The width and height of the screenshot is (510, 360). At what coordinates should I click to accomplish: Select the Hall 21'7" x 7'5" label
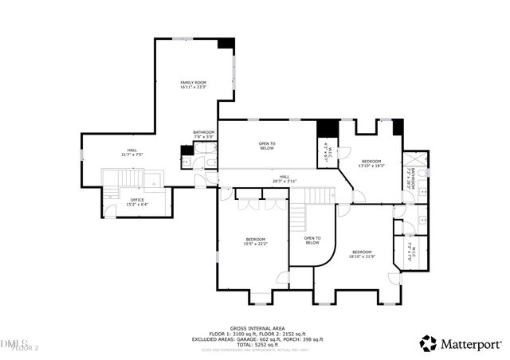click(x=132, y=152)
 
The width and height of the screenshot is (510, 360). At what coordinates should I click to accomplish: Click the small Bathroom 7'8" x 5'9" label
click(x=203, y=135)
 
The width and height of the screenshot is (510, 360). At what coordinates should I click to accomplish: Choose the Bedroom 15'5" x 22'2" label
click(x=255, y=242)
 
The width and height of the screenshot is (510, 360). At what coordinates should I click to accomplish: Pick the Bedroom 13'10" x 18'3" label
click(x=371, y=163)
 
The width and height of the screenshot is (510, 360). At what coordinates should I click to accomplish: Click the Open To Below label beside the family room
click(x=267, y=147)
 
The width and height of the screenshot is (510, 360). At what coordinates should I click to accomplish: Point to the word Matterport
click(x=472, y=344)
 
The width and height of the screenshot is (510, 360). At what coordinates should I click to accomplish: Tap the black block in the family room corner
click(x=226, y=45)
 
